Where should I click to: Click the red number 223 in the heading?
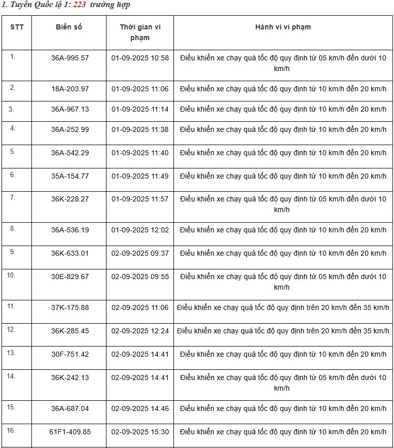pyautogui.click(x=79, y=5)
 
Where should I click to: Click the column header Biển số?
pyautogui.click(x=68, y=27)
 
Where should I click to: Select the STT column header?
pyautogui.click(x=17, y=27)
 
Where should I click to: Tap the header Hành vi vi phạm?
pyautogui.click(x=283, y=27)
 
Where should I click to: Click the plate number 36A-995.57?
pyautogui.click(x=70, y=58)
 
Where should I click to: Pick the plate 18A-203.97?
pyautogui.click(x=70, y=89)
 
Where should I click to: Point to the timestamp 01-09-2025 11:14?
pyautogui.click(x=140, y=109)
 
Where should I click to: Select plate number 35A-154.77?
pyautogui.click(x=70, y=176)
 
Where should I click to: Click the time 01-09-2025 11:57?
pyautogui.click(x=140, y=199)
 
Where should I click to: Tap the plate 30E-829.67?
pyautogui.click(x=70, y=277)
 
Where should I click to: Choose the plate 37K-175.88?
pyautogui.click(x=70, y=307)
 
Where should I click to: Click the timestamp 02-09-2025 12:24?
pyautogui.click(x=140, y=331)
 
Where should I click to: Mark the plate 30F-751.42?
pyautogui.click(x=70, y=354)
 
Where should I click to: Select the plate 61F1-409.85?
pyautogui.click(x=70, y=432)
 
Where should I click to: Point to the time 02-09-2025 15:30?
pyautogui.click(x=140, y=432)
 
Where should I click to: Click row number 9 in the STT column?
pyautogui.click(x=13, y=252)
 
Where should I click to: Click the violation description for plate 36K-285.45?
pyautogui.click(x=283, y=331)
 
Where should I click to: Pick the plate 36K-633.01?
pyautogui.click(x=70, y=253)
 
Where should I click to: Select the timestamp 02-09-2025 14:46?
pyautogui.click(x=140, y=408)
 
